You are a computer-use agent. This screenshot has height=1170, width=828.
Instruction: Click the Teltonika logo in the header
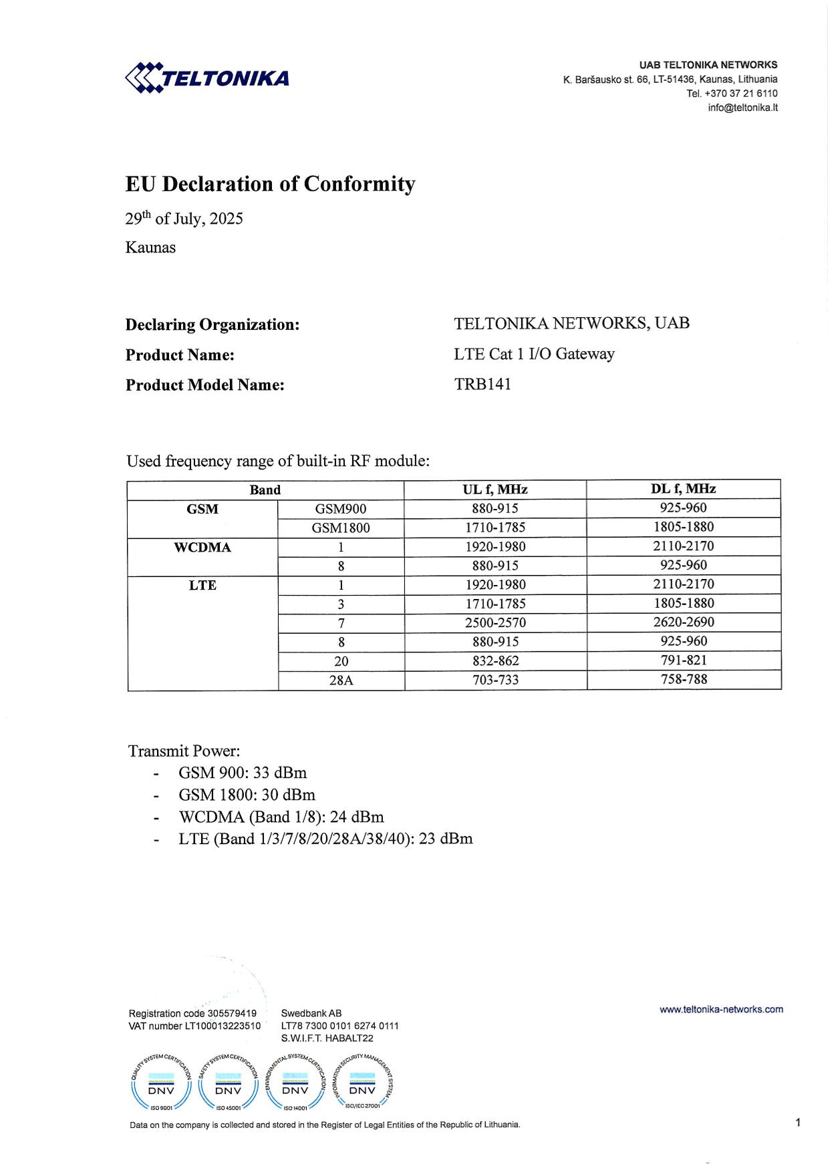click(x=207, y=77)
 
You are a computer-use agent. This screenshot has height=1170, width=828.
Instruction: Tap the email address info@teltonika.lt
click(x=742, y=108)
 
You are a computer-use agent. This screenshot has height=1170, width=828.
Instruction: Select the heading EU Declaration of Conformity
click(x=270, y=184)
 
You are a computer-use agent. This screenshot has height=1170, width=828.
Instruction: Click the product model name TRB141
click(x=482, y=384)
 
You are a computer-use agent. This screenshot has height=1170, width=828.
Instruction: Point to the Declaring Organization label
click(x=212, y=325)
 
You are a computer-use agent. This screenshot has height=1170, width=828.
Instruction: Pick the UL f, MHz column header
click(x=495, y=490)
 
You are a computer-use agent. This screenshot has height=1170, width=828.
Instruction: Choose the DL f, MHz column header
click(x=683, y=489)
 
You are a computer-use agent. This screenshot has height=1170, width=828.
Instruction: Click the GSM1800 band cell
click(x=341, y=528)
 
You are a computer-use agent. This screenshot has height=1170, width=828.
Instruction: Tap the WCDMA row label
click(x=202, y=548)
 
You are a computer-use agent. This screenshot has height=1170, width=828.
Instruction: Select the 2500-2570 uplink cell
click(x=495, y=622)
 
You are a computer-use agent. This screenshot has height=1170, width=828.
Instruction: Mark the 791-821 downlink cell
click(x=684, y=660)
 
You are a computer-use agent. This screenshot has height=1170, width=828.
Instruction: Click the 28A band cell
click(x=341, y=680)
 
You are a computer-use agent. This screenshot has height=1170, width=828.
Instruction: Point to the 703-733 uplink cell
click(x=495, y=680)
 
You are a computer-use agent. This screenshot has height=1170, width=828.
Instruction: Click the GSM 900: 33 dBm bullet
click(x=242, y=773)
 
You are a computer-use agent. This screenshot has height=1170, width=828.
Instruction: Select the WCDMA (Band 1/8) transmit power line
click(x=281, y=817)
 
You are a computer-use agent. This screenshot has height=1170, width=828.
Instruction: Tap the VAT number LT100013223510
click(x=194, y=1026)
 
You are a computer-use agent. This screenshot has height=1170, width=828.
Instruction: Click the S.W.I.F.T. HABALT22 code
click(x=327, y=1038)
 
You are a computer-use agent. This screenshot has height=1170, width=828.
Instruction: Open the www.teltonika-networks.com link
click(x=721, y=1009)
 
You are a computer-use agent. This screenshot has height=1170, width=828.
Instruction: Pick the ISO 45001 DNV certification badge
click(x=228, y=1085)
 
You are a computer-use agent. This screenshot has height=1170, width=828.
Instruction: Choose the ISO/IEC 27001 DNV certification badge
click(x=362, y=1085)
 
